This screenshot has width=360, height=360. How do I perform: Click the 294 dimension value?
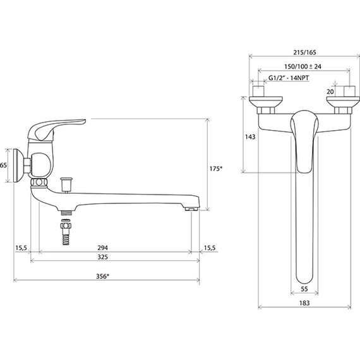pos(102,248)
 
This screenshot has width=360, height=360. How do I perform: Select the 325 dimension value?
pos(102,257)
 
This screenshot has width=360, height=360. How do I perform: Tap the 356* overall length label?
pos(102,277)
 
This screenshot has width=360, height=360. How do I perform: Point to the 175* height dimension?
pos(216,169)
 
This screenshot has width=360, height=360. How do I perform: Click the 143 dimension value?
pos(250,137)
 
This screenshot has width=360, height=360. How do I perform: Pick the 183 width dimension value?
pos(304,303)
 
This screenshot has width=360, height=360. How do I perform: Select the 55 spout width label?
pos(304,289)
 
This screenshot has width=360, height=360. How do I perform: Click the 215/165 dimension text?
pos(304,52)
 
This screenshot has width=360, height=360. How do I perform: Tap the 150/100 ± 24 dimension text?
pos(303,66)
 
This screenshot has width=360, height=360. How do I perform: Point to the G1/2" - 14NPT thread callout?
pos(289,78)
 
